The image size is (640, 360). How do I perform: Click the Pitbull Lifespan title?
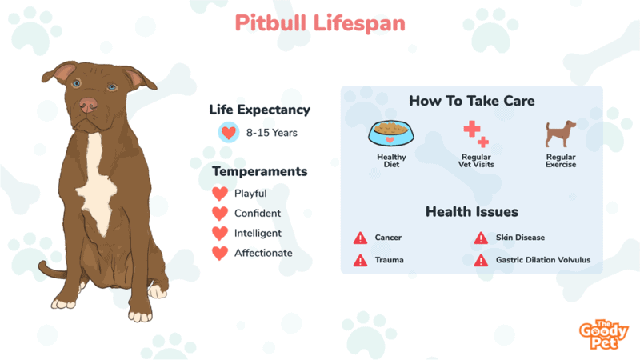tap(320, 23)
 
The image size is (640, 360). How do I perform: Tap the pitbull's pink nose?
tap(88, 105)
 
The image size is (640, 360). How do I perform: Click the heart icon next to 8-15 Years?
tap(229, 132)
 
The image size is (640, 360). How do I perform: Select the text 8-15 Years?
tap(271, 133)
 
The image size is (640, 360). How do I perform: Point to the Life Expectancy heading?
tap(259, 110)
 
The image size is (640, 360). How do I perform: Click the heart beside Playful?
tap(220, 194)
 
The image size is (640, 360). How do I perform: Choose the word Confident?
tap(258, 213)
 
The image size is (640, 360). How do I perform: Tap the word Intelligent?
tap(258, 233)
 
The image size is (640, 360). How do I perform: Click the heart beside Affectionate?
tap(220, 253)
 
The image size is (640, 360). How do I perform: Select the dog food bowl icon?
tap(391, 133)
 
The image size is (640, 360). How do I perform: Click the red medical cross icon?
tap(476, 134)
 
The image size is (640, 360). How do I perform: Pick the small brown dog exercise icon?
tap(561, 134)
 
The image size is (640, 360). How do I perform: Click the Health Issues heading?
tap(472, 211)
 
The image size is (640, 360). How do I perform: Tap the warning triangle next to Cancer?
tap(361, 238)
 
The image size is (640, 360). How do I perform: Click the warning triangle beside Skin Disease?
tap(481, 238)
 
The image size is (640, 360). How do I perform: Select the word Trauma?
tap(389, 260)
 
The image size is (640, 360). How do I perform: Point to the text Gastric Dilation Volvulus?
tap(543, 260)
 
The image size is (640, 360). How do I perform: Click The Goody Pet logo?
tap(604, 334)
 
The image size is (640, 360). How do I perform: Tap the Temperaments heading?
tap(259, 171)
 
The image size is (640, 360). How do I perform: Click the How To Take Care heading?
tap(472, 101)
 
